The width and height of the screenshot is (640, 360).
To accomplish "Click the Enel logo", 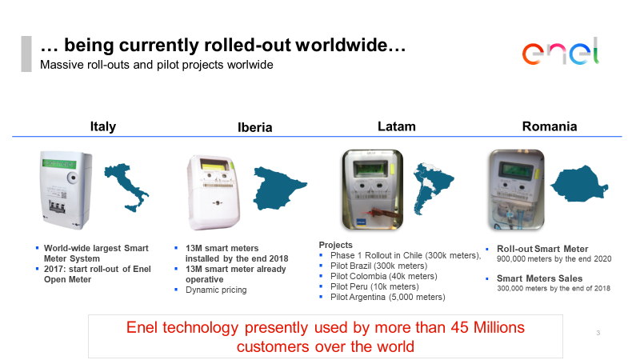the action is click(x=561, y=51).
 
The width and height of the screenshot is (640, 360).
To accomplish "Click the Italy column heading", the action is click(x=103, y=126).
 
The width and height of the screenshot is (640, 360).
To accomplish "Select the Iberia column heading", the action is click(x=254, y=127).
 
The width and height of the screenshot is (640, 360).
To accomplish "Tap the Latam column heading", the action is click(x=396, y=126).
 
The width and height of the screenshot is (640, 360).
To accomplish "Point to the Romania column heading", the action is click(x=550, y=126).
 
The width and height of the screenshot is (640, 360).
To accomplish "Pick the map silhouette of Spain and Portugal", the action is click(x=279, y=188).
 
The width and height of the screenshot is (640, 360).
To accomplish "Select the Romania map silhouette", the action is click(x=578, y=184).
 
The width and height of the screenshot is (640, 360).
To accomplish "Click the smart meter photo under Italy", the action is click(x=66, y=190).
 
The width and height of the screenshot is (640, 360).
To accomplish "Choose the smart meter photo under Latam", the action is click(x=372, y=190).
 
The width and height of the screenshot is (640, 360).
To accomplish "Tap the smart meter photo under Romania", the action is click(x=516, y=190).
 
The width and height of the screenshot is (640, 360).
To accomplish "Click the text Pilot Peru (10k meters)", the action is click(x=374, y=286).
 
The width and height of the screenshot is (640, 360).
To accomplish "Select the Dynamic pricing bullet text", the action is click(x=216, y=290).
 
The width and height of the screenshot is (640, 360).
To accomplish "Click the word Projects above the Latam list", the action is click(x=335, y=245).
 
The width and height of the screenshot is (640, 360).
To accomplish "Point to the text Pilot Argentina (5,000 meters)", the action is click(x=388, y=297).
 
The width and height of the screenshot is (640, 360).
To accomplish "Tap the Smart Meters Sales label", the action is click(x=539, y=278).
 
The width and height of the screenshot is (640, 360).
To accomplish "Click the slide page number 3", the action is click(x=598, y=333).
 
